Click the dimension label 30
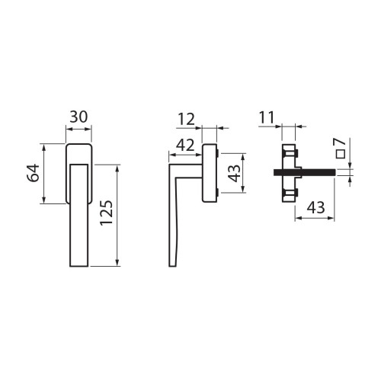(78, 117)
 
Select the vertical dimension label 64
(34, 173)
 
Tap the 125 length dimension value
(106, 213)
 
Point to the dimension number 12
(186, 120)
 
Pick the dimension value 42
(185, 146)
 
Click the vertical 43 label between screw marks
(234, 174)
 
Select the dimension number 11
(267, 117)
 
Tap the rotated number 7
(341, 142)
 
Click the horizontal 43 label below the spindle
(315, 207)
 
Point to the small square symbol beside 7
(341, 154)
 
